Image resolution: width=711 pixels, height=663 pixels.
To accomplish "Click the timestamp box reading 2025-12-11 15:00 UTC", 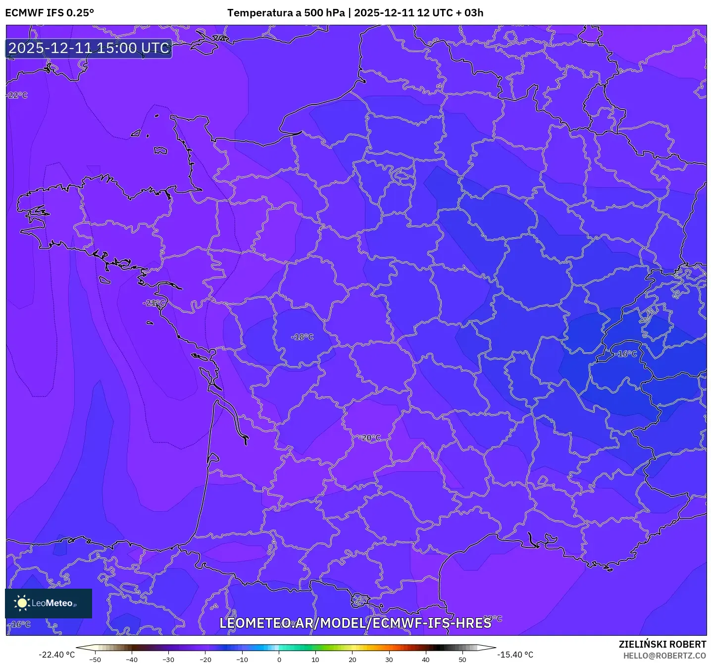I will tap(89, 48).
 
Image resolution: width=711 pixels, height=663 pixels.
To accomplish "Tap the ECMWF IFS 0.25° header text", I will tap(50, 13).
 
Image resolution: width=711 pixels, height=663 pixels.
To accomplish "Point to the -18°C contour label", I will tap(303, 337).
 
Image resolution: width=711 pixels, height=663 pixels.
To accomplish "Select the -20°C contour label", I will tap(370, 438).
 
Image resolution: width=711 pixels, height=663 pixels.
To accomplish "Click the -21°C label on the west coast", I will tap(154, 303).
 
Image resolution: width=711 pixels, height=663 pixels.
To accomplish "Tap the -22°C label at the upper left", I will tap(17, 95).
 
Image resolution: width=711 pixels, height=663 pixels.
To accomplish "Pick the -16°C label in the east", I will tap(627, 354).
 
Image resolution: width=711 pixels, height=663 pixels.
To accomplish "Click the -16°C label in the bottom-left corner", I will tap(20, 624).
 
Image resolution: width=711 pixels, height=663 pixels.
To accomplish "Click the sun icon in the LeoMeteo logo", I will tap(22, 603).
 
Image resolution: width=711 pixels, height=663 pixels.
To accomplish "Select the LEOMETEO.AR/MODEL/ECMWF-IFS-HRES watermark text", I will tap(355, 623).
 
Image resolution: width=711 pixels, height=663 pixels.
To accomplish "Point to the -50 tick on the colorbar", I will tap(95, 660).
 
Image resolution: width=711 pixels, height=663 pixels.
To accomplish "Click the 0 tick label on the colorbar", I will tap(279, 660).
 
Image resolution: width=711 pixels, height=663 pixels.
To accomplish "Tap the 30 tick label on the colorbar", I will tap(389, 660).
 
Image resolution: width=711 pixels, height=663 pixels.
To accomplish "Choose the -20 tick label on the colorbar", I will tap(205, 660).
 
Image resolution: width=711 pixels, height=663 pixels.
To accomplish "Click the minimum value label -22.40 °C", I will tap(56, 655).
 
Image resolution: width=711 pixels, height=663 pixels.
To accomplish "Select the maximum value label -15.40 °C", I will tap(515, 655).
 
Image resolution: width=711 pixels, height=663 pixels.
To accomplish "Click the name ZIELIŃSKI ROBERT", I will tap(662, 644).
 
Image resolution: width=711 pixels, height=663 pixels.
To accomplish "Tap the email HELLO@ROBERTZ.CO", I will tap(664, 656).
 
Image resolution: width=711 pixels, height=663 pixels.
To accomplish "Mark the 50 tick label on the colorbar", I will tap(462, 660).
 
